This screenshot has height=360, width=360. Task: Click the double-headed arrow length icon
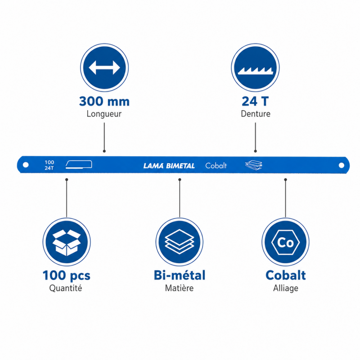tap(104, 67)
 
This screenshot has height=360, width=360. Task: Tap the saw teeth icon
tap(255, 71)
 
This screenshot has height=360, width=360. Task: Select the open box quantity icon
tap(67, 243)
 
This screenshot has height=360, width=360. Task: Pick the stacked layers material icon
tap(180, 242)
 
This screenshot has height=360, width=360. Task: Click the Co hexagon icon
tap(285, 242)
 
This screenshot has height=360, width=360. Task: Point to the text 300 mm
tap(104, 101)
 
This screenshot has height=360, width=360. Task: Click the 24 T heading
tap(255, 101)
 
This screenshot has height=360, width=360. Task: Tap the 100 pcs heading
tap(67, 275)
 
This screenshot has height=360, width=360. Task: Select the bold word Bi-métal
tap(180, 275)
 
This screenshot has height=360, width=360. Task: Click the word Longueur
tap(104, 114)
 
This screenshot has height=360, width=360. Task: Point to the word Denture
tap(256, 114)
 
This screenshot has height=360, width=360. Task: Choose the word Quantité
tap(66, 288)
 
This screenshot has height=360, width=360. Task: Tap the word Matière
tap(179, 288)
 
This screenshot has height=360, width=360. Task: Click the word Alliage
tap(286, 288)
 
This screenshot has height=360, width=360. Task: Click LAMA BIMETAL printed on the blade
tap(169, 166)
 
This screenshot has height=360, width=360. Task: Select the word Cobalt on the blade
tap(216, 166)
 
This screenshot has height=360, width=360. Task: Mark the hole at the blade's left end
tap(26, 165)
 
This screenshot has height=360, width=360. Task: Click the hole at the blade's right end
tap(342, 165)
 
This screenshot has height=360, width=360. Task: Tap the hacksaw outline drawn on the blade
tap(79, 164)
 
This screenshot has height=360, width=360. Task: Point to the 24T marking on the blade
tap(49, 168)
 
